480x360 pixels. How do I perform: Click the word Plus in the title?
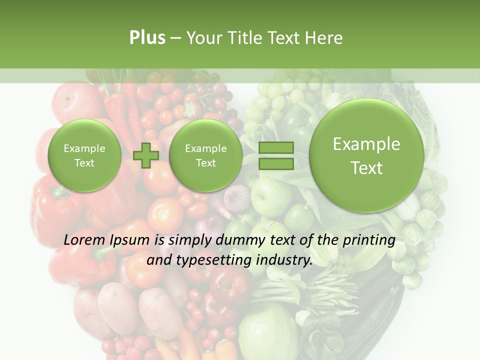click(x=147, y=38)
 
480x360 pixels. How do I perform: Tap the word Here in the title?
click(x=324, y=38)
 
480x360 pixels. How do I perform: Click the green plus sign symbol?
click(x=146, y=155)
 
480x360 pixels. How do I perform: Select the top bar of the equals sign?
click(x=275, y=147)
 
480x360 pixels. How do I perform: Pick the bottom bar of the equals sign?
click(x=275, y=164)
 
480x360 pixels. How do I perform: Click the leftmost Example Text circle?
click(x=84, y=155)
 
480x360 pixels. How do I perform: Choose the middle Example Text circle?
click(x=206, y=155)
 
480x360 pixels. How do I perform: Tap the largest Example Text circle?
click(x=366, y=155)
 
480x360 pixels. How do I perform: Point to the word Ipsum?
click(x=129, y=240)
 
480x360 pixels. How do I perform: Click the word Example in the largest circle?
click(x=366, y=144)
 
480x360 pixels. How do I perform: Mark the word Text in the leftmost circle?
click(x=84, y=163)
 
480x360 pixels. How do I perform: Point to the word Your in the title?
click(x=202, y=38)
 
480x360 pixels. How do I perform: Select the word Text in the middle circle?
click(x=206, y=163)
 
